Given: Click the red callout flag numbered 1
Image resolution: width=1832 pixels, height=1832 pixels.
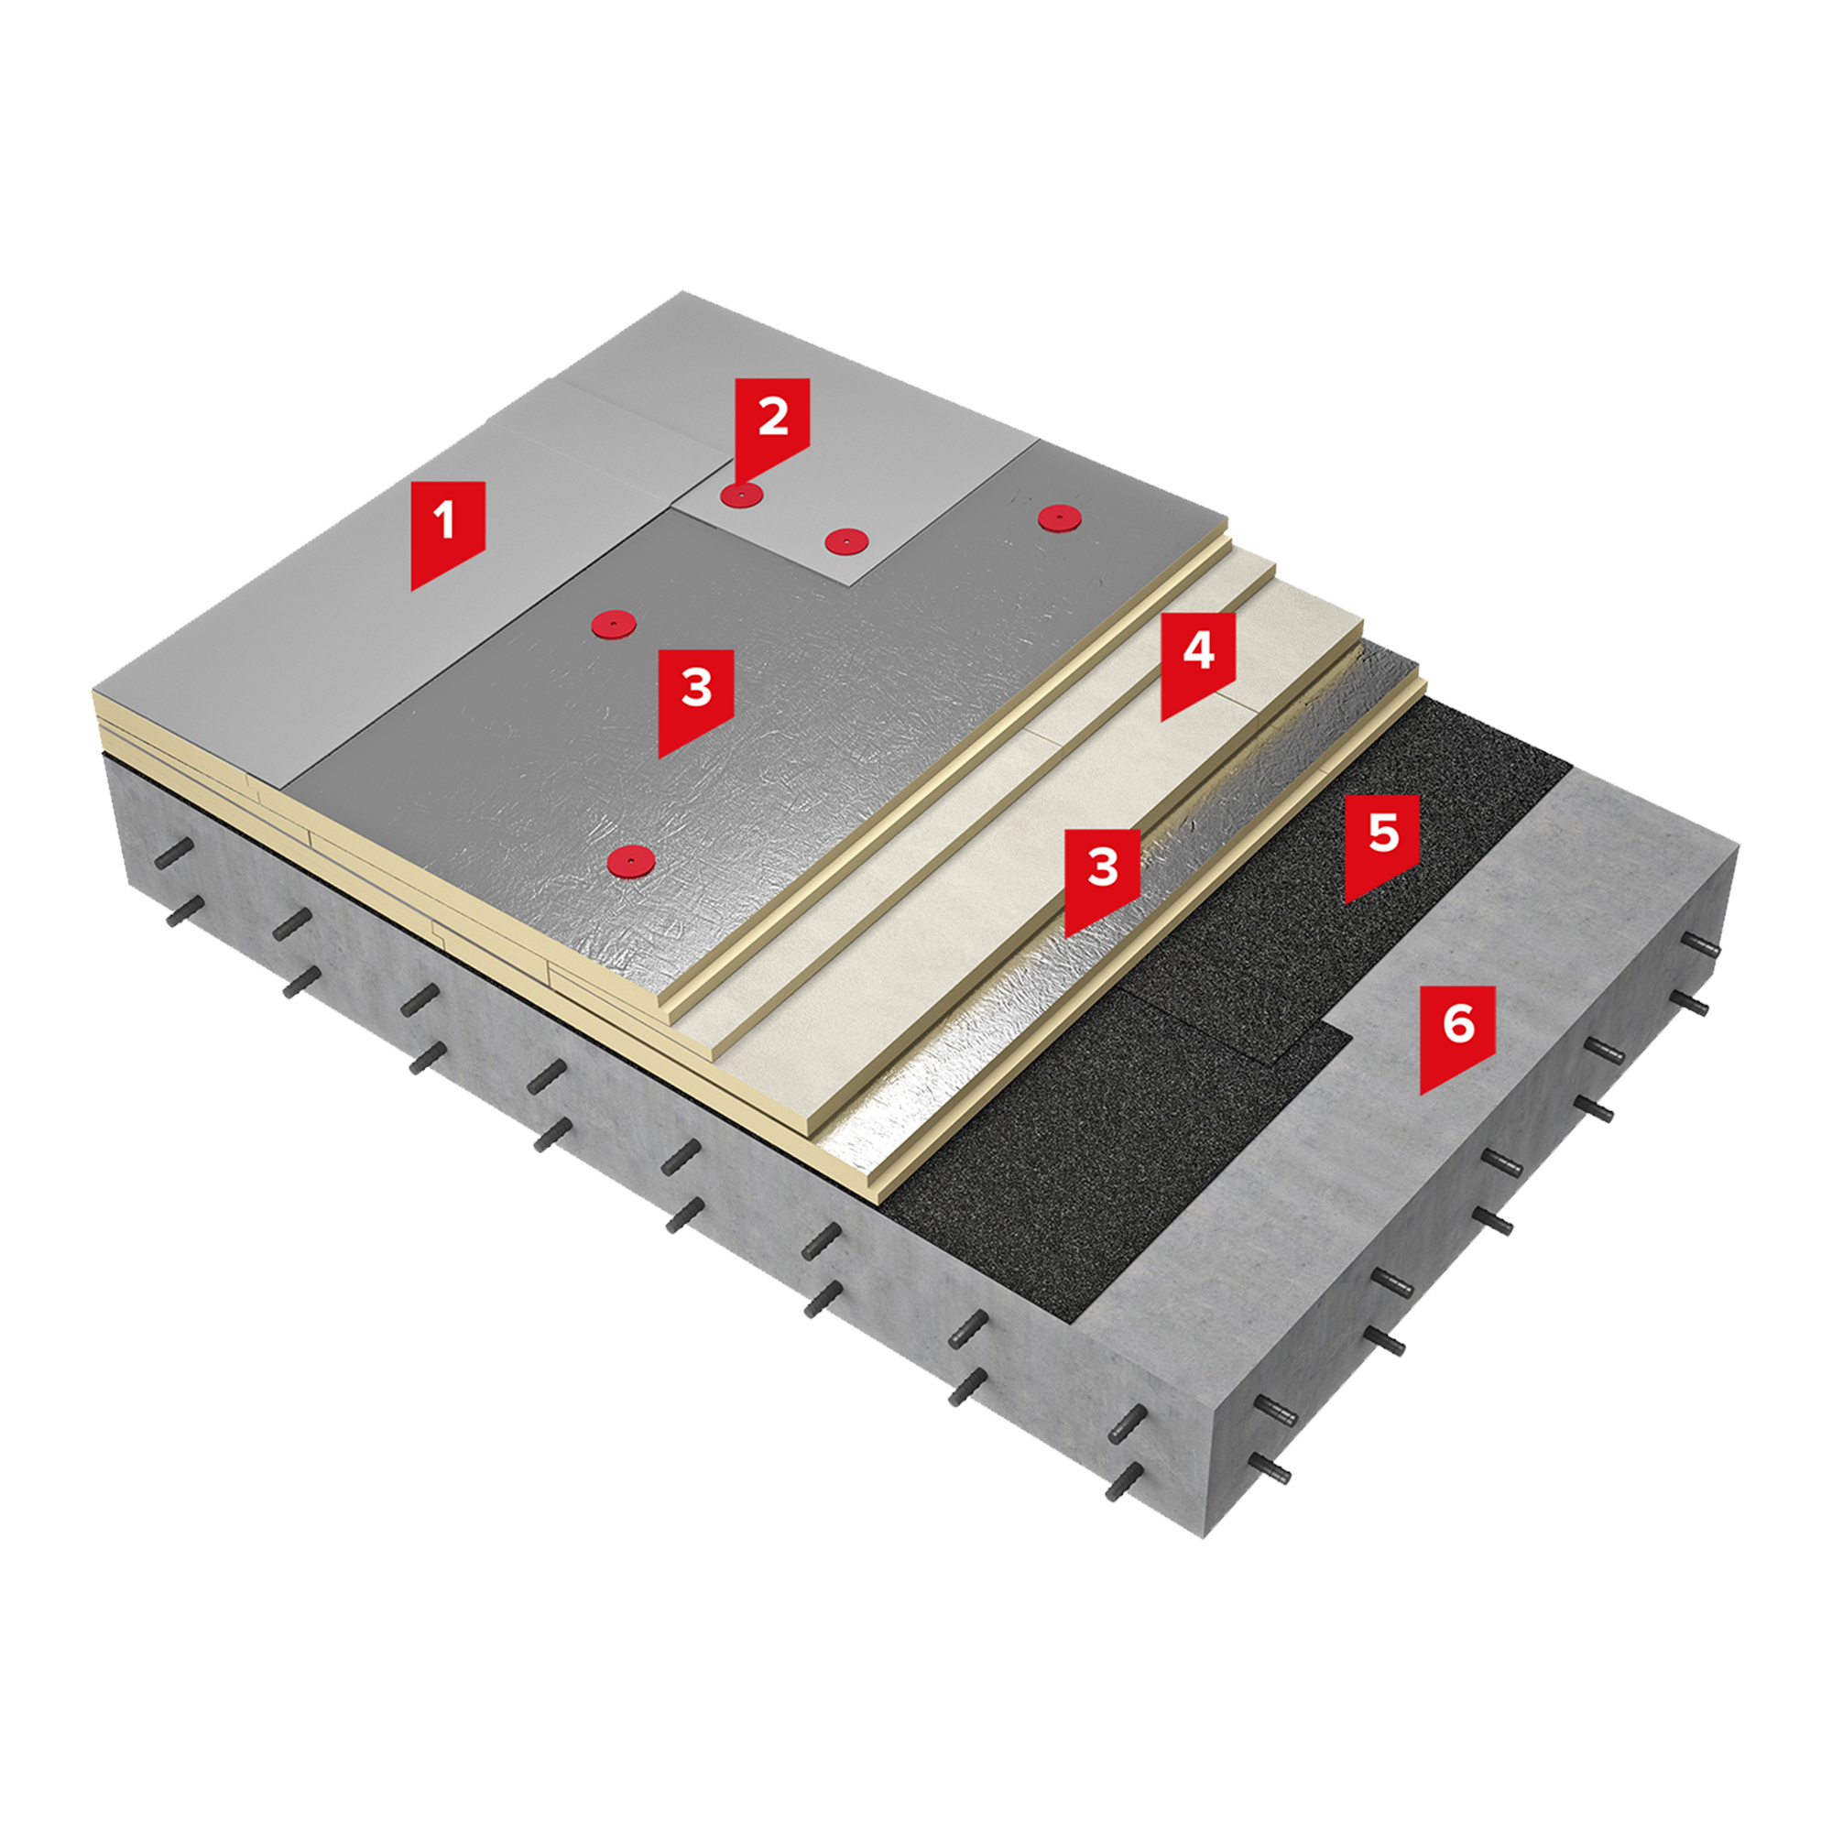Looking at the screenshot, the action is (x=448, y=531).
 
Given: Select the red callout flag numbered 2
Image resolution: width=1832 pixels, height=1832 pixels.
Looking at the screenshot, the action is (x=773, y=425).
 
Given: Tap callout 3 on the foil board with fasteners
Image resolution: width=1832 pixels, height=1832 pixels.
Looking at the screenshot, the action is (x=696, y=699).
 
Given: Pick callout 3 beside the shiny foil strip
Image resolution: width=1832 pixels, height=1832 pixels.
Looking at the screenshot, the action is (x=1103, y=878).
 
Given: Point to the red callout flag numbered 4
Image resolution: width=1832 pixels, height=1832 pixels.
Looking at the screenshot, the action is (x=1198, y=662).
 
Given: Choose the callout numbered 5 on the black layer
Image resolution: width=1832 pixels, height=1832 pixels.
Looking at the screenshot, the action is (x=1381, y=844).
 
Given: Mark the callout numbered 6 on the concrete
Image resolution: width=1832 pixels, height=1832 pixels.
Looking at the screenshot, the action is (x=1457, y=1035).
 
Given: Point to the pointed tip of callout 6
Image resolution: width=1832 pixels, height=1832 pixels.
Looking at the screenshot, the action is (x=1422, y=1095).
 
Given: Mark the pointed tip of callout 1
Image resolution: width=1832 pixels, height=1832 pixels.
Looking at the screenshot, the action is (x=412, y=589).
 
